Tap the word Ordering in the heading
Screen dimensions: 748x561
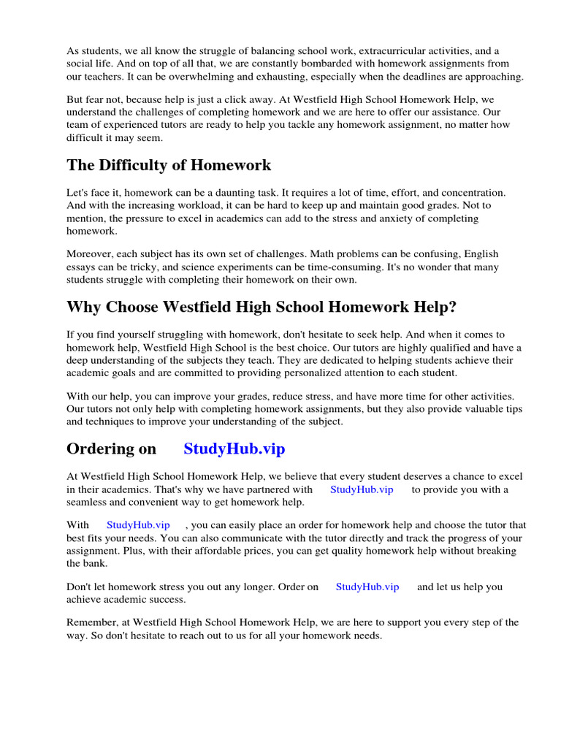coord(101,449)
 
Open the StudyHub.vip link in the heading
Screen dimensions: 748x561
coord(234,449)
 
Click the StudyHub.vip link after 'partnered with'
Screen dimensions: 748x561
coord(362,489)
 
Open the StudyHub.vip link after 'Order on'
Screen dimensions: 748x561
coord(367,587)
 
